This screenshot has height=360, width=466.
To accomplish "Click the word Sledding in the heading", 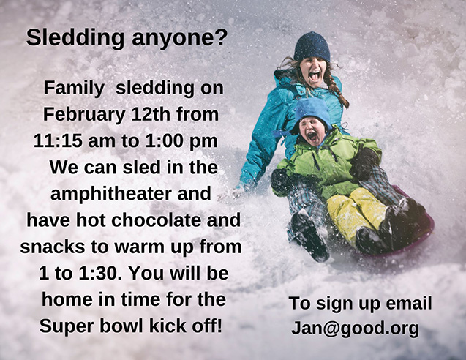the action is click(x=75, y=38).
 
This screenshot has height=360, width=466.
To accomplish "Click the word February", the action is click(x=84, y=115).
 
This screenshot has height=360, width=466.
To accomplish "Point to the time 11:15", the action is click(x=57, y=140).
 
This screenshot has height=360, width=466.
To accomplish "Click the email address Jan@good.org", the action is click(x=355, y=329).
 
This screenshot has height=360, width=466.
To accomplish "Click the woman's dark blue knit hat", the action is click(x=312, y=47).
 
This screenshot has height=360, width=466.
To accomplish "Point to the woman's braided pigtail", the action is click(x=337, y=90).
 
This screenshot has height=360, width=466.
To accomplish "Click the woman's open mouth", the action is click(x=314, y=76).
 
